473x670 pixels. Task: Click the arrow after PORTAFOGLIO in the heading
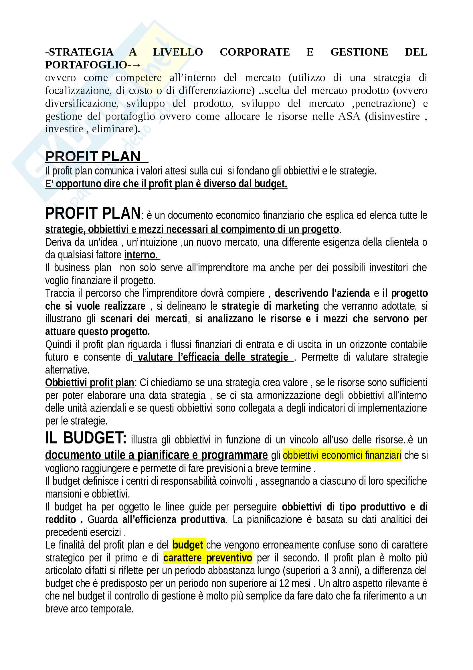tap(136, 65)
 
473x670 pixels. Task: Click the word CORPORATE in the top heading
tap(255, 52)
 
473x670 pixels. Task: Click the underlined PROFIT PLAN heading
tap(93, 156)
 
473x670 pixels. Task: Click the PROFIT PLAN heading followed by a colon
tap(93, 213)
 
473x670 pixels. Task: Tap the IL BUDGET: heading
tap(86, 438)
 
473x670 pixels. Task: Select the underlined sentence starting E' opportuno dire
tap(166, 184)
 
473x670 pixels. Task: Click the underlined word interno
tap(141, 255)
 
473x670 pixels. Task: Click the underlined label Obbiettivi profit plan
tap(90, 383)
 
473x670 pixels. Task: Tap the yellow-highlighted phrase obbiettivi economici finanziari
tap(342, 455)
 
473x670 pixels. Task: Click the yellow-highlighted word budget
tap(188, 545)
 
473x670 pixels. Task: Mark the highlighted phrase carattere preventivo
tap(207, 558)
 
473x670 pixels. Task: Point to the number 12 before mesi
tap(284, 583)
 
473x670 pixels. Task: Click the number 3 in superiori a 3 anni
tap(334, 571)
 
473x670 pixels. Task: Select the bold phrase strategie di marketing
tap(270, 306)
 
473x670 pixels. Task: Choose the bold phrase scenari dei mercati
tap(144, 319)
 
